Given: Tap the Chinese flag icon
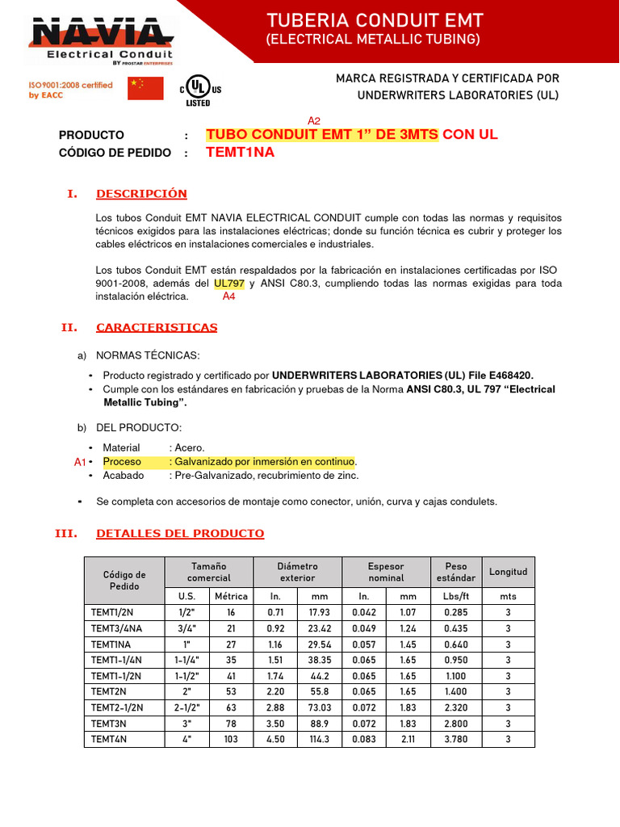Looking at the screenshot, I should (145, 88).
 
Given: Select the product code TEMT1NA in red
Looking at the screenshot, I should (240, 152).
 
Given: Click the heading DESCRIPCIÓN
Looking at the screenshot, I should (141, 194).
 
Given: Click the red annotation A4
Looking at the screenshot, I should (229, 296).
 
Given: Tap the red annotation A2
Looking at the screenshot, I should (315, 120).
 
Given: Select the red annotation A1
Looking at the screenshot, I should (79, 462).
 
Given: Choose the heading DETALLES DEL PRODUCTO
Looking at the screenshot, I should (179, 534).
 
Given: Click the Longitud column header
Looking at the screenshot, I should (508, 572).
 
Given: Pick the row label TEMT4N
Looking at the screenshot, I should (106, 739).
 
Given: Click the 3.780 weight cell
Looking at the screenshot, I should (456, 739).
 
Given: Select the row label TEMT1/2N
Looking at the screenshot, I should (109, 613).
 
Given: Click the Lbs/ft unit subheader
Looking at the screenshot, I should (456, 596).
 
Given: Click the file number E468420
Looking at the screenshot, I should (507, 375).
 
